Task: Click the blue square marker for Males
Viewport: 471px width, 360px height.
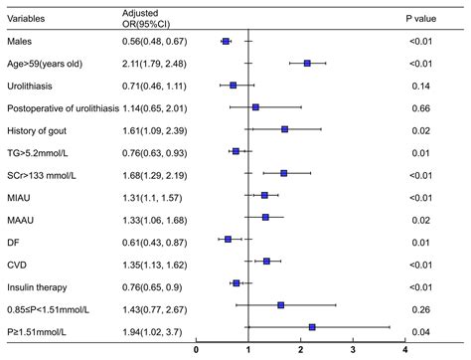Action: [226, 41]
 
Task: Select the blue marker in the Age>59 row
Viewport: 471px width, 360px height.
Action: [307, 63]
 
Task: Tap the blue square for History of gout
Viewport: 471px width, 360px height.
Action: [284, 128]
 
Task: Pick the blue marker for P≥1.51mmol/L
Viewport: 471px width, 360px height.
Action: [312, 326]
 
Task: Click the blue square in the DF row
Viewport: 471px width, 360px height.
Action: [228, 239]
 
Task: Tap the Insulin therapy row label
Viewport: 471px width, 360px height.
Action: [39, 282]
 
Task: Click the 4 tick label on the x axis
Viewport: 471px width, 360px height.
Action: [405, 350]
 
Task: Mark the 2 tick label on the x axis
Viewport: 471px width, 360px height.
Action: [301, 350]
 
